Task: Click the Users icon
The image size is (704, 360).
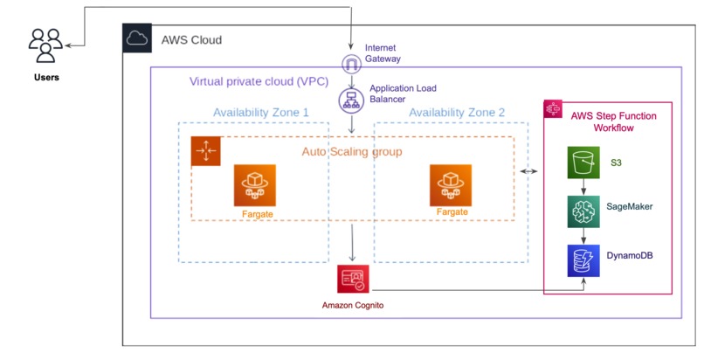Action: pyautogui.click(x=45, y=45)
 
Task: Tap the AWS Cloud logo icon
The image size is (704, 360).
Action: pyautogui.click(x=137, y=38)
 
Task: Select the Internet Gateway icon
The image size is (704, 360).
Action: pyautogui.click(x=351, y=64)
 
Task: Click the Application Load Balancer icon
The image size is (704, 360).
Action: pyautogui.click(x=351, y=100)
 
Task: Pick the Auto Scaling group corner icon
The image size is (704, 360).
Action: pyautogui.click(x=205, y=151)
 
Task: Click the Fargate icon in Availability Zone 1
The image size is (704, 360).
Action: pyautogui.click(x=254, y=185)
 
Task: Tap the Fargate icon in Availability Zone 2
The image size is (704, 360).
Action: pyautogui.click(x=451, y=185)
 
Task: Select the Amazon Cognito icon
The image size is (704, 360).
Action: pyautogui.click(x=353, y=279)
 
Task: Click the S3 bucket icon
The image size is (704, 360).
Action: pyautogui.click(x=583, y=163)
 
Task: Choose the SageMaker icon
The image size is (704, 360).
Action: pyautogui.click(x=583, y=211)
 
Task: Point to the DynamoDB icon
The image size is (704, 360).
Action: pyautogui.click(x=583, y=260)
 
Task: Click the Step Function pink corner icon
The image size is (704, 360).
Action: pyautogui.click(x=553, y=109)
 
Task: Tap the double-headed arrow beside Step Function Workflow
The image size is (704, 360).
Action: pyautogui.click(x=528, y=171)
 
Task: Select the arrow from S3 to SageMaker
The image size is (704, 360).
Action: pyautogui.click(x=583, y=187)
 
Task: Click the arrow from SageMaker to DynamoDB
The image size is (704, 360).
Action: pyautogui.click(x=583, y=236)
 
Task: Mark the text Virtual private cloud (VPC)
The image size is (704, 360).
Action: pyautogui.click(x=259, y=81)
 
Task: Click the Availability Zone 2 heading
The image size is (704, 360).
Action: pyautogui.click(x=457, y=112)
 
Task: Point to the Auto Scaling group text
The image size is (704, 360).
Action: pyautogui.click(x=352, y=152)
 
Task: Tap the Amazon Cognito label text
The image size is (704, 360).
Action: pyautogui.click(x=353, y=305)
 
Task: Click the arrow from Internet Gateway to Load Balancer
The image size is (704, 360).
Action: pyautogui.click(x=351, y=80)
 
